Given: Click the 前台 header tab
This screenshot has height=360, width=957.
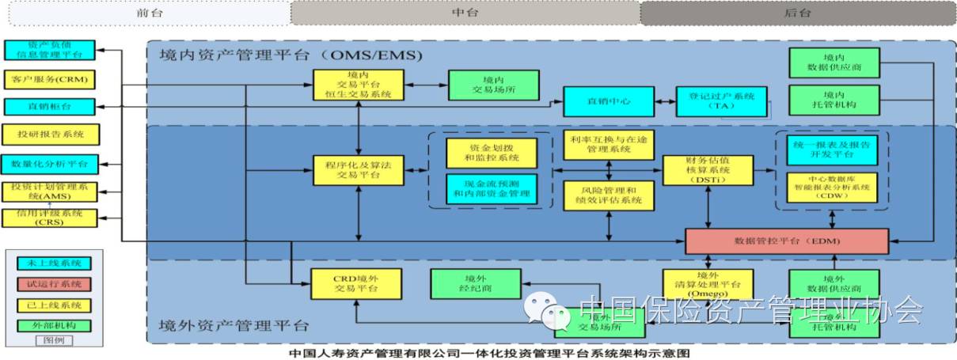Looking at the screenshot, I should click(x=144, y=12).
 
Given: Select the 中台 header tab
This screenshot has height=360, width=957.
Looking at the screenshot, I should click(x=465, y=12).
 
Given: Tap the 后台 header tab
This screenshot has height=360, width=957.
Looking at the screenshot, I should click(x=797, y=12).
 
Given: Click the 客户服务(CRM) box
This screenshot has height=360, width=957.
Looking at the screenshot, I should click(x=50, y=80).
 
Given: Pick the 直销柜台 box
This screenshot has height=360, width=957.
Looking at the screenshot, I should click(x=50, y=106).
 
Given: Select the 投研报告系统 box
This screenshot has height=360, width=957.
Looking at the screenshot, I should click(x=50, y=134).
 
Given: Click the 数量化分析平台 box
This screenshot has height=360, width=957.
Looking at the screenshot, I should click(x=50, y=164).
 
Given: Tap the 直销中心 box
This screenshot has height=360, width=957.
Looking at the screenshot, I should click(x=609, y=101).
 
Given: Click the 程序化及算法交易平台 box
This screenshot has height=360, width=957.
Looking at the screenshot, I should click(x=359, y=169).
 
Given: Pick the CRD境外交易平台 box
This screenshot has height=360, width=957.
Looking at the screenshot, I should click(x=359, y=283).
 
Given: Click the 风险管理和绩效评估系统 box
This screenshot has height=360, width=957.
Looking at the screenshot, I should click(x=609, y=195).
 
